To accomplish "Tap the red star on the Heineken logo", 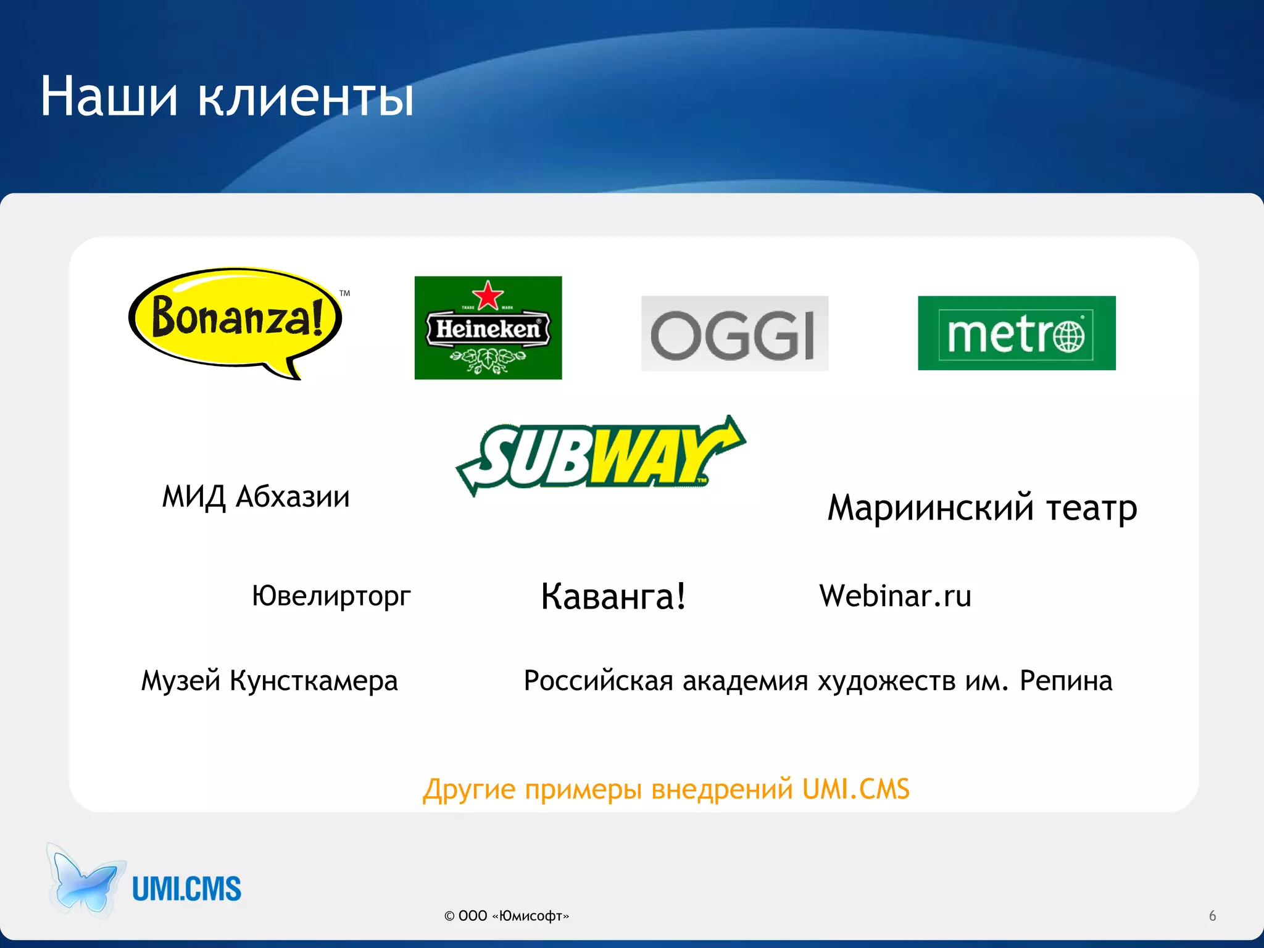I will pyautogui.click(x=488, y=295).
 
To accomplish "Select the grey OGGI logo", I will pyautogui.click(x=734, y=334).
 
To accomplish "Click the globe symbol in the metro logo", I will pyautogui.click(x=1068, y=336).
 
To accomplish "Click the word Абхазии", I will pyautogui.click(x=293, y=497).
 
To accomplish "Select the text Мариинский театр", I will pyautogui.click(x=982, y=508).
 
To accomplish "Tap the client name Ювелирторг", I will pyautogui.click(x=331, y=596).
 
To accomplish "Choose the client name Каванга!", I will pyautogui.click(x=613, y=597).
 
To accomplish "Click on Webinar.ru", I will pyautogui.click(x=895, y=596).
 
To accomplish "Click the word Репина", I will pyautogui.click(x=1065, y=681).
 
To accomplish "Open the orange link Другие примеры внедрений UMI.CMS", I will pyautogui.click(x=666, y=789).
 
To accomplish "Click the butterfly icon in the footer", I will pyautogui.click(x=85, y=881).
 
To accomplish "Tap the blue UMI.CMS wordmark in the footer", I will pyautogui.click(x=186, y=889).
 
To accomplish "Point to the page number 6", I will pyautogui.click(x=1212, y=916).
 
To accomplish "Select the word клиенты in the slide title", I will pyautogui.click(x=306, y=98).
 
